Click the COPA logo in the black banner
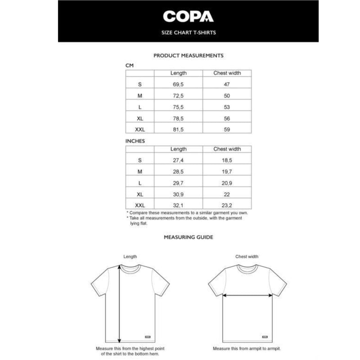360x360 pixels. (188, 17)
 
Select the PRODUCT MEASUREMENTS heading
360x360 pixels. (189, 56)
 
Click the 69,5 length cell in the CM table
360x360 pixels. (179, 85)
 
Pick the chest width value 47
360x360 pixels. (227, 85)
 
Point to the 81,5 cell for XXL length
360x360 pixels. (179, 130)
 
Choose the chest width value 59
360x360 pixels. (227, 130)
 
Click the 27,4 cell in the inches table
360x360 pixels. (179, 160)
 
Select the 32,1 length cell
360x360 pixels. (179, 205)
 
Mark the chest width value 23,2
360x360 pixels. (227, 205)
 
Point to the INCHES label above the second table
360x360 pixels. (135, 141)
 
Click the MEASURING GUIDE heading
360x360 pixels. (189, 237)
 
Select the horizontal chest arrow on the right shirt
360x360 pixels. (247, 296)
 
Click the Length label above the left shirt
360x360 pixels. (130, 257)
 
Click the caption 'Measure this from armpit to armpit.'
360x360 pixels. (247, 349)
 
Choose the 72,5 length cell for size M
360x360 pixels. (179, 96)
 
